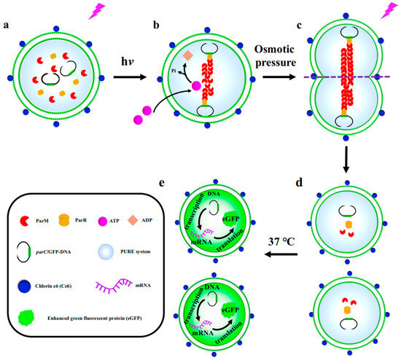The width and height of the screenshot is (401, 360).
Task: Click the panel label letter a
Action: [x=7, y=30]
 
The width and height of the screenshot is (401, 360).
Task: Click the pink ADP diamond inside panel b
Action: [x=187, y=56]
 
